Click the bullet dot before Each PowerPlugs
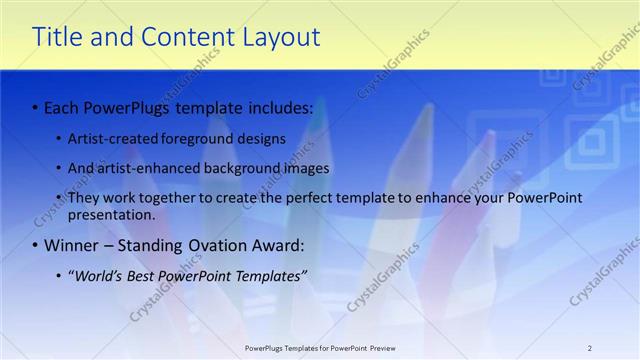[36, 106]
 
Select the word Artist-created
[110, 138]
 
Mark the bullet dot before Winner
[36, 245]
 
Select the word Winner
[70, 245]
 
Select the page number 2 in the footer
[590, 348]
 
